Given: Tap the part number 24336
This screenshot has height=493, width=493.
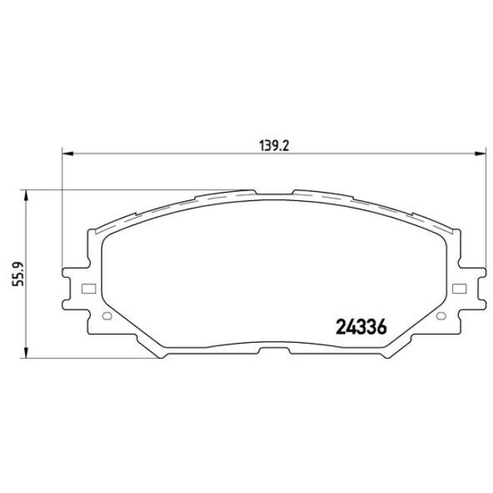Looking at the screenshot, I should click(x=361, y=328).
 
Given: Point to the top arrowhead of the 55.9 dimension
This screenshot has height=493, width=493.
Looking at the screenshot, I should click(x=27, y=195).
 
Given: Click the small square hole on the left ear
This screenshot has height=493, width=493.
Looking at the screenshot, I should click(x=87, y=288).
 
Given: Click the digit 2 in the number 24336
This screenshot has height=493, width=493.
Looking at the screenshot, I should click(x=341, y=328).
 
